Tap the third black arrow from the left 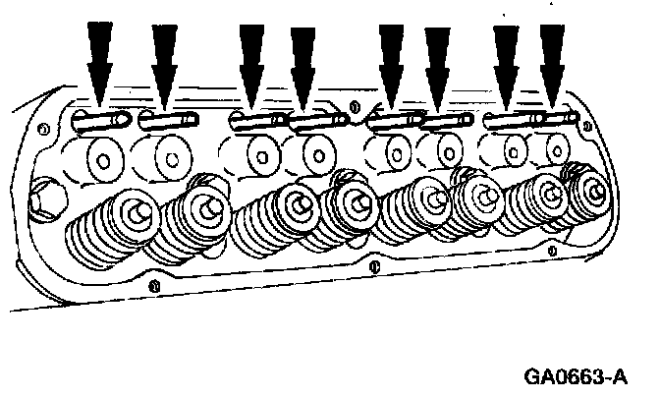point(252,59)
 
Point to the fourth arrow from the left point(303,61)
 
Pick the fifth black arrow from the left point(392,59)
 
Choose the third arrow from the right point(436,61)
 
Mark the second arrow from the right point(506,59)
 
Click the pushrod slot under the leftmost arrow point(101,122)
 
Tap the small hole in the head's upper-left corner point(41,128)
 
